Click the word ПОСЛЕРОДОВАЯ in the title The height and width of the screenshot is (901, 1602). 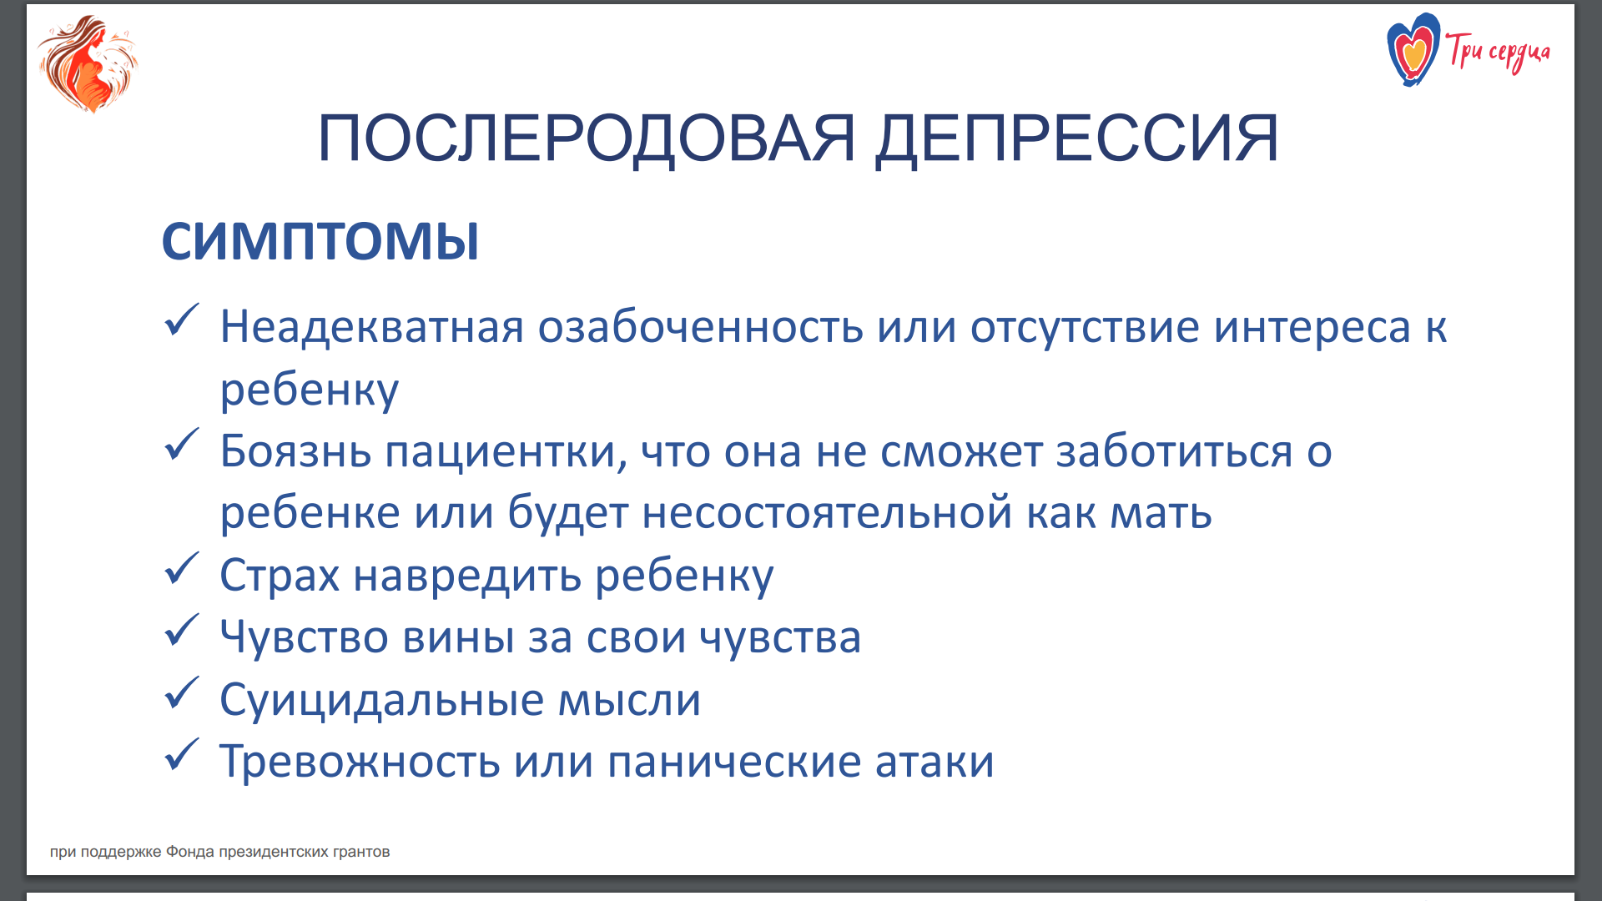tap(587, 138)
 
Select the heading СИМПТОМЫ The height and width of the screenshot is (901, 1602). tap(320, 242)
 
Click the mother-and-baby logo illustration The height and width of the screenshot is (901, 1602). tap(88, 63)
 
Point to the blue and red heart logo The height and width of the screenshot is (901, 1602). tap(1413, 49)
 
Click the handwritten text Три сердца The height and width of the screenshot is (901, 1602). tap(1498, 53)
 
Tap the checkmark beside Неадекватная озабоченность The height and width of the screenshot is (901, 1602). tap(181, 320)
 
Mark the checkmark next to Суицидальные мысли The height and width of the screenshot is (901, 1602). tap(181, 692)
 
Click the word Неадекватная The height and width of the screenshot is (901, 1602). tap(372, 327)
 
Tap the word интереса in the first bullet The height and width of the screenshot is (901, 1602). tap(1312, 327)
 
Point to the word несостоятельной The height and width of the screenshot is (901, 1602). tap(828, 512)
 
